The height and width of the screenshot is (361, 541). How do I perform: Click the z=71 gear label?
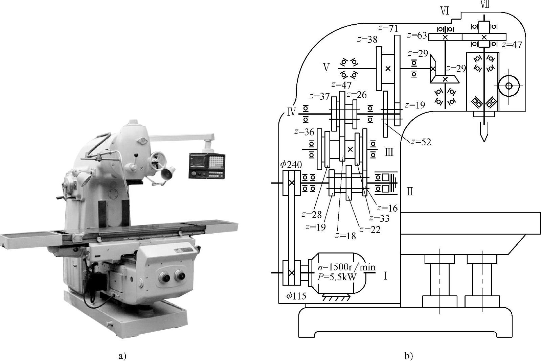click(388, 28)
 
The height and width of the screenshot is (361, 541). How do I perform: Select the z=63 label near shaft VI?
click(417, 35)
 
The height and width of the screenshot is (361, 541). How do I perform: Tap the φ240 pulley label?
click(291, 165)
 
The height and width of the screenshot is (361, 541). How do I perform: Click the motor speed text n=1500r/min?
click(346, 267)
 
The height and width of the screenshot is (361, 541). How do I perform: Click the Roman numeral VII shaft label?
click(484, 4)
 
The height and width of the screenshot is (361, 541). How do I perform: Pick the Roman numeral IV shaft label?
click(291, 112)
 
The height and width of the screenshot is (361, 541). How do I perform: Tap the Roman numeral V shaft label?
click(326, 67)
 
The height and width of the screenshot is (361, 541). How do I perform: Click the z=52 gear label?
click(421, 142)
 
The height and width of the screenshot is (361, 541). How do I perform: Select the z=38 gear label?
click(367, 40)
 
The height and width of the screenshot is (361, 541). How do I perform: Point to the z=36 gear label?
click(304, 132)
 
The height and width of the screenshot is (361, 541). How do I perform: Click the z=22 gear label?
click(370, 230)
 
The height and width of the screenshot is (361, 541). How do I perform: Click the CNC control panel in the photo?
click(207, 165)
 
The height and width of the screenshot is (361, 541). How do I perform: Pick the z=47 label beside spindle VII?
click(512, 45)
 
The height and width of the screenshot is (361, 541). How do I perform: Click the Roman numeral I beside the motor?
click(385, 276)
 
